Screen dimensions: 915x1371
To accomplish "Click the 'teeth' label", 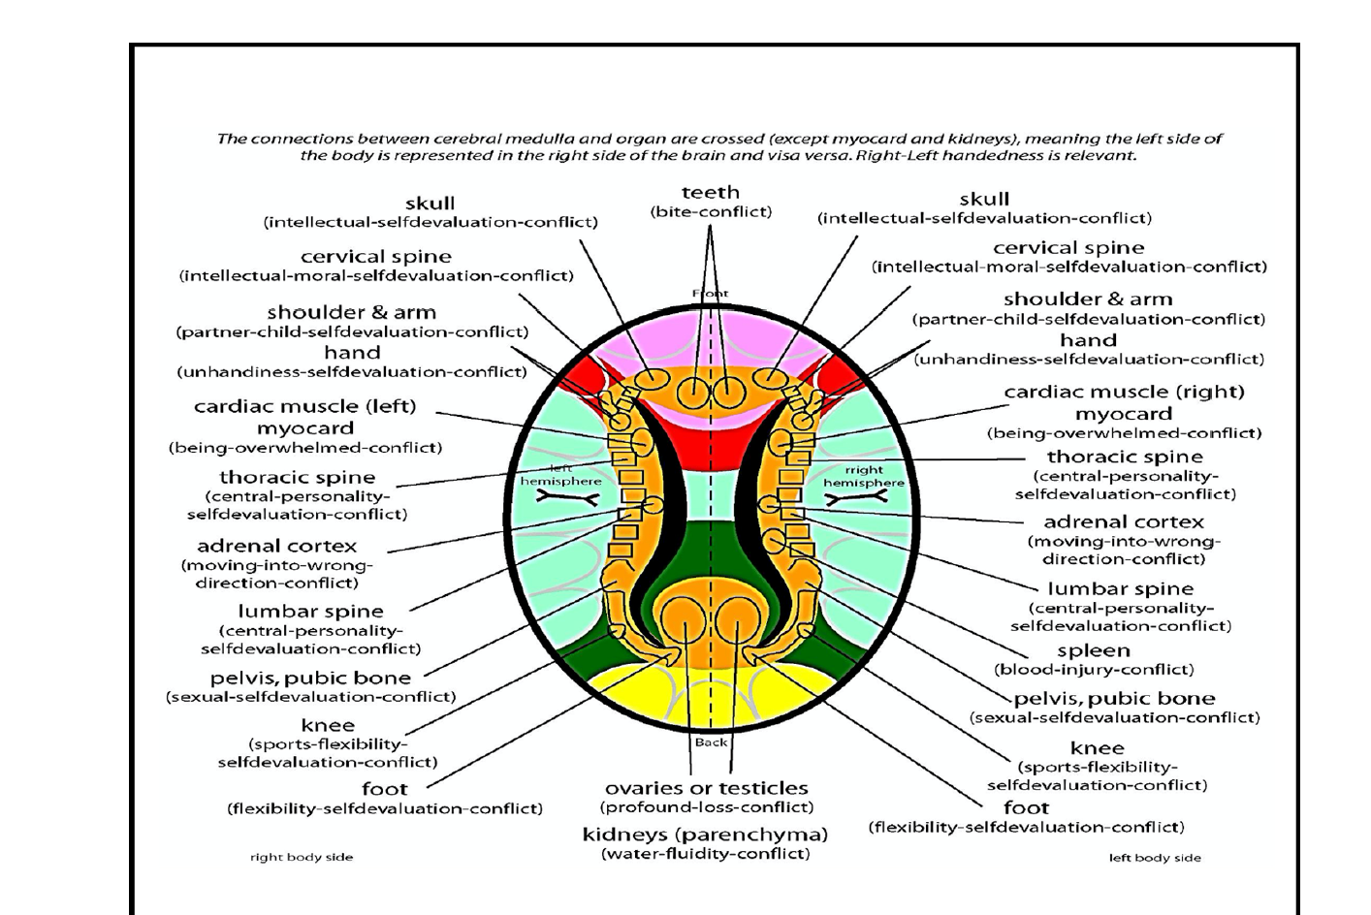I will [x=710, y=192].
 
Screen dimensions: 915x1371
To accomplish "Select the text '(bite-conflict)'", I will [x=710, y=211].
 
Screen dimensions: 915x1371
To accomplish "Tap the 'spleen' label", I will [x=1093, y=650].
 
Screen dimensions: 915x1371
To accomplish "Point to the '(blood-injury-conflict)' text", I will [x=1093, y=669].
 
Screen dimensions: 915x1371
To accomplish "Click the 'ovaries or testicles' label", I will [x=706, y=788].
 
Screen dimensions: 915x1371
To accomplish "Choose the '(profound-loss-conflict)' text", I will [x=706, y=806].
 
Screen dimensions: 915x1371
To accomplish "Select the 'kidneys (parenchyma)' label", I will [x=705, y=835].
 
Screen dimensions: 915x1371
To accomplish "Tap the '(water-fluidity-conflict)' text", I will [x=705, y=853].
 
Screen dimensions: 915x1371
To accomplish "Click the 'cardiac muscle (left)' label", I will [x=304, y=406].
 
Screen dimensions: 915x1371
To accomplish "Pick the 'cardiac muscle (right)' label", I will [x=1124, y=392].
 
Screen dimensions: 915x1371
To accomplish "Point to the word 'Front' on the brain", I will [x=710, y=293].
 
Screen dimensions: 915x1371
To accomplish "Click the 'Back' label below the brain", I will [x=711, y=742].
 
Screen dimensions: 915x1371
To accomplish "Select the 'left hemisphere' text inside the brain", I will [x=560, y=475].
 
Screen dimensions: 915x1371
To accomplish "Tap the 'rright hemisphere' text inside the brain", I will [x=863, y=476].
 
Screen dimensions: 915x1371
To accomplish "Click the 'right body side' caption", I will [x=302, y=857].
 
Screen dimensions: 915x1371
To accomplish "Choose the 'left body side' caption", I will [x=1155, y=858].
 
